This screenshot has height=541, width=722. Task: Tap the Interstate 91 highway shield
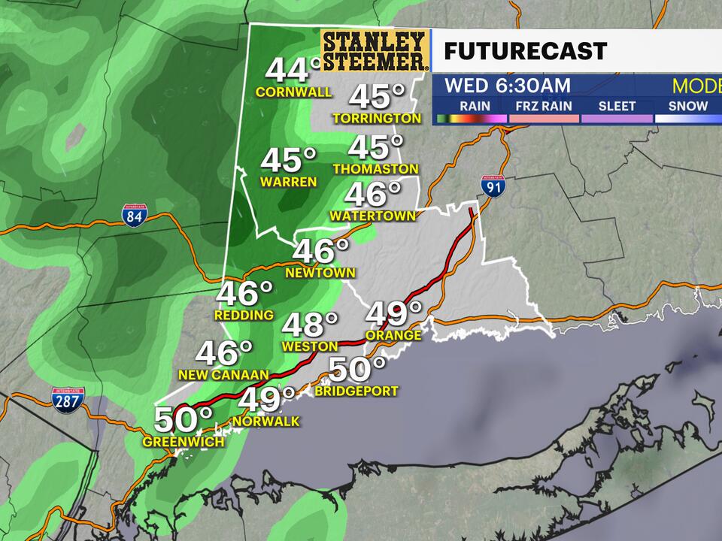point(493,186)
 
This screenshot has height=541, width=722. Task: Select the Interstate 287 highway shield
point(68,399)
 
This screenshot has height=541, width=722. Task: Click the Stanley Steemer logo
point(375,50)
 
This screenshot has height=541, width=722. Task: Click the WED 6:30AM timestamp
point(507,85)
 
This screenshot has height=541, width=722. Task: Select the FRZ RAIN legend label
point(547,106)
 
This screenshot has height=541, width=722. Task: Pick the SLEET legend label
point(617,106)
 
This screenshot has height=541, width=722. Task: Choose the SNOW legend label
point(687,106)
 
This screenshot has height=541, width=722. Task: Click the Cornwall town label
point(294,92)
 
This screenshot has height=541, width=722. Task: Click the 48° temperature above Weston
point(310,325)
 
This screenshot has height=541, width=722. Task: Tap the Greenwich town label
point(184,442)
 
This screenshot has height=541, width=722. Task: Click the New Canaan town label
point(223,374)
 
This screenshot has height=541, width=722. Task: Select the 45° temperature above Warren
point(289,160)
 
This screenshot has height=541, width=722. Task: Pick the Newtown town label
point(320,273)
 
